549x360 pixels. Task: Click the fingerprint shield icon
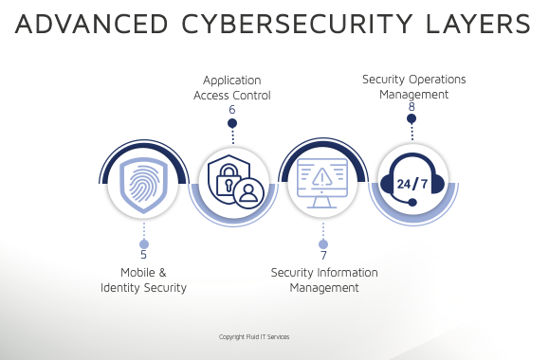[x=144, y=181]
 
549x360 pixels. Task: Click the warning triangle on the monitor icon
[x=322, y=176]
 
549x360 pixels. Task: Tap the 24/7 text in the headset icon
[x=412, y=183]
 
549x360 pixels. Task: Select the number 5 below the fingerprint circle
[x=143, y=255]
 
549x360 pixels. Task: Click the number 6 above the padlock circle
[x=231, y=110]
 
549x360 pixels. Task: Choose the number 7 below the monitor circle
[x=323, y=256]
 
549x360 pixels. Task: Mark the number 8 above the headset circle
[x=412, y=107]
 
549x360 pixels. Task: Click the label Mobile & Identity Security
[x=143, y=279]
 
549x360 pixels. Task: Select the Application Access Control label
[x=232, y=87]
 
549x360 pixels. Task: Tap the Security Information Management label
[x=324, y=279]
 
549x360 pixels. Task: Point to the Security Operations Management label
[x=413, y=86]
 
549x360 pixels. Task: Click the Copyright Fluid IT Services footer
[x=254, y=337]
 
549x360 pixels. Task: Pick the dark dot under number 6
[x=232, y=123]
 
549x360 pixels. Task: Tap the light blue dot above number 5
[x=143, y=243]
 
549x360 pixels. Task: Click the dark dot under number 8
[x=412, y=118]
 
